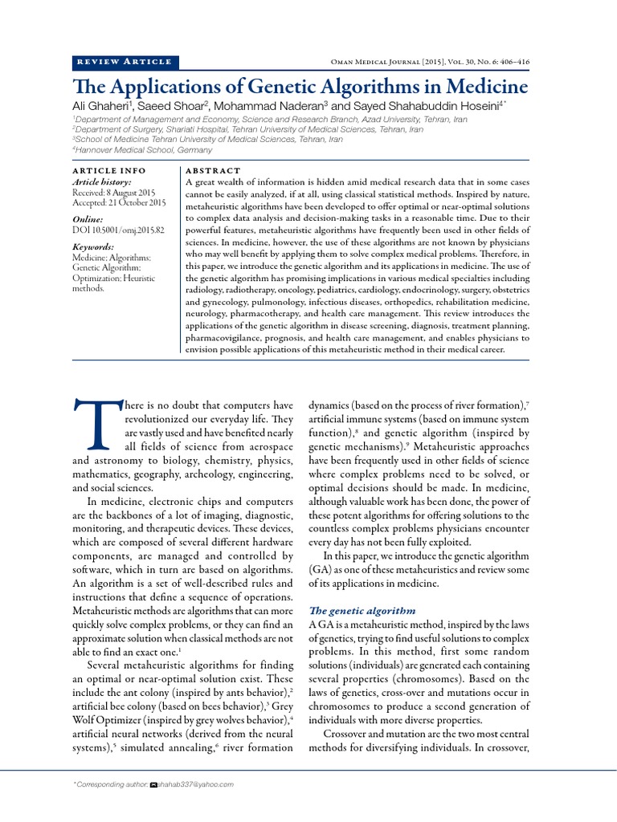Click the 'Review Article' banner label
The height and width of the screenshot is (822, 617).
click(125, 62)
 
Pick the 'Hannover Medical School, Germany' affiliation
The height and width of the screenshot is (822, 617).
click(144, 150)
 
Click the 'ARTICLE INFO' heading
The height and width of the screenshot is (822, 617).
click(109, 171)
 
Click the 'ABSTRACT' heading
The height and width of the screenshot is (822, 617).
click(213, 171)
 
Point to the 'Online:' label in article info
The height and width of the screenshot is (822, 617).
click(88, 219)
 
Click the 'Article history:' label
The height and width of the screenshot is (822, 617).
click(102, 182)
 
